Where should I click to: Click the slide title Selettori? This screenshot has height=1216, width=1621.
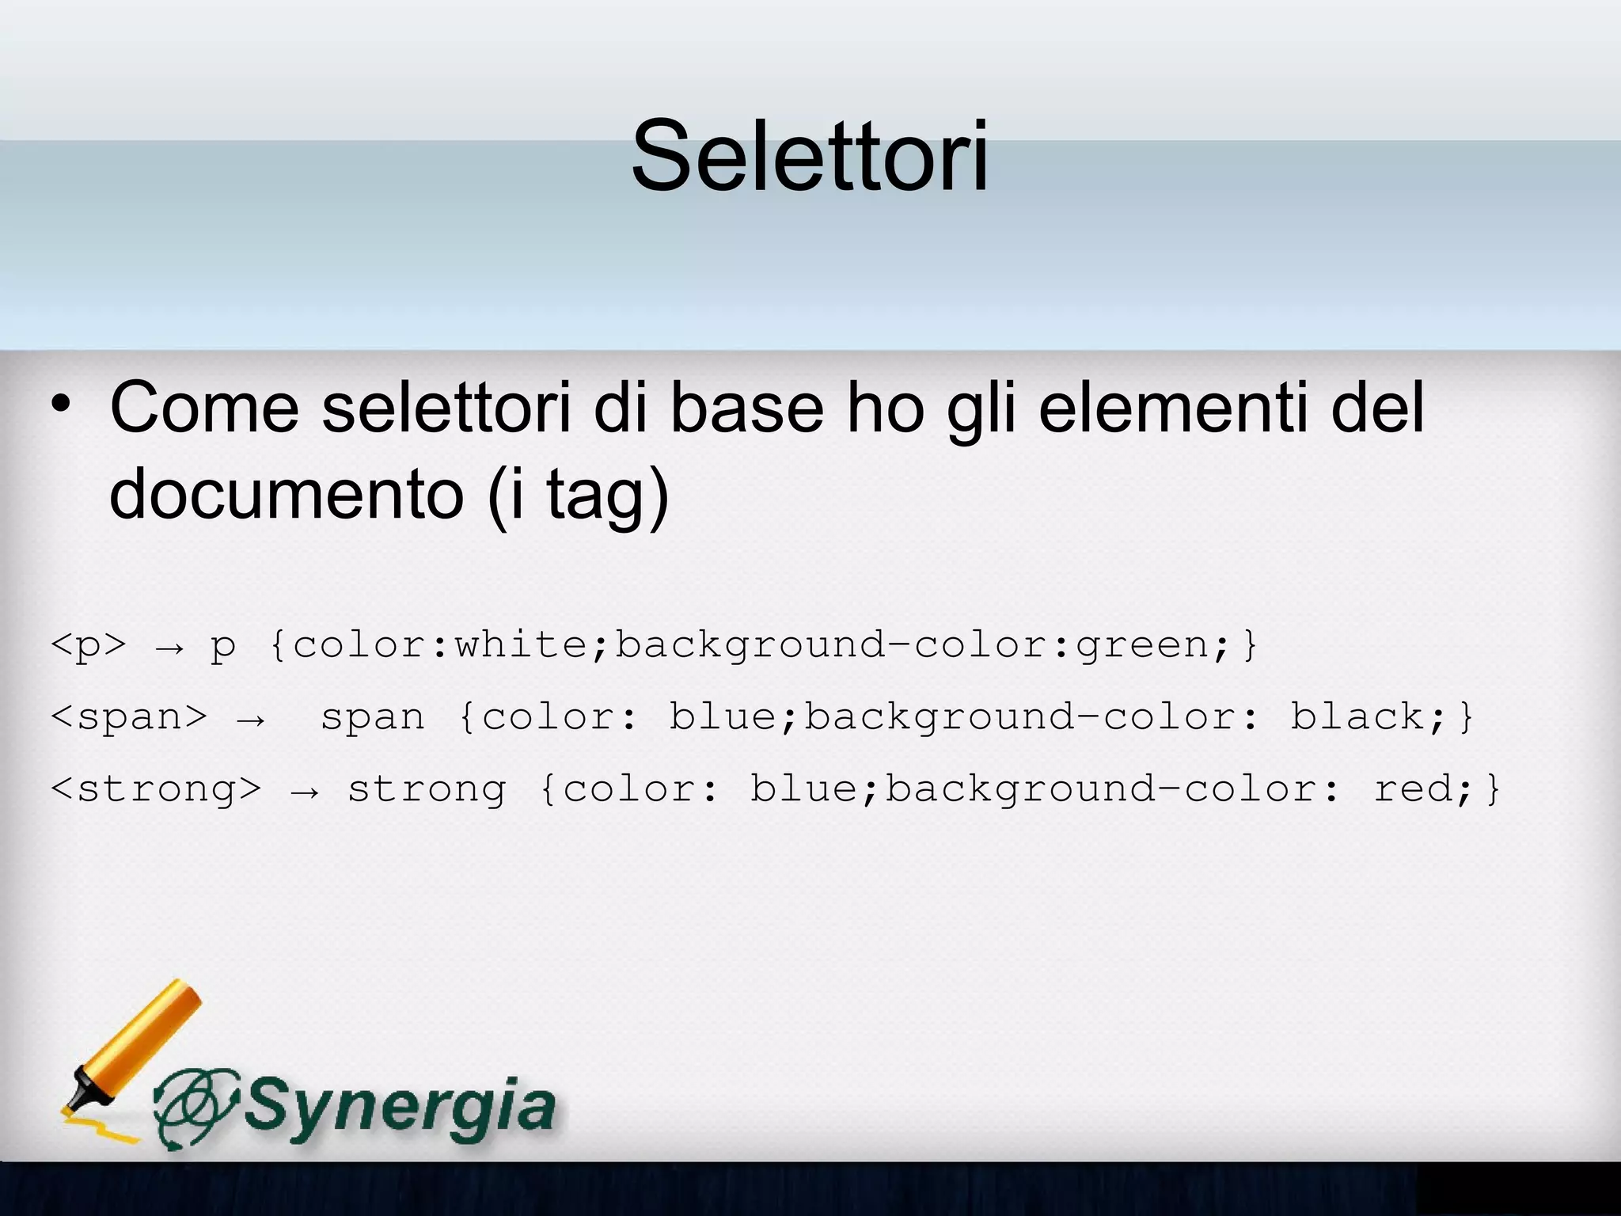click(810, 155)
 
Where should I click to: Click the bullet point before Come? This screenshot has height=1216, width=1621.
click(61, 405)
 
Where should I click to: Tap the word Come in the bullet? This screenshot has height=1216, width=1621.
click(204, 408)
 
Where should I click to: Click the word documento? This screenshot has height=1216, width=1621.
click(287, 494)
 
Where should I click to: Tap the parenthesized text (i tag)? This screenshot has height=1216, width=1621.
click(579, 494)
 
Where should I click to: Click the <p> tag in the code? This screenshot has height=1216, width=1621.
click(88, 645)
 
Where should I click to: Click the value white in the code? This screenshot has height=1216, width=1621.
click(522, 644)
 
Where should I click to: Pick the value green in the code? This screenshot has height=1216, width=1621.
click(1142, 645)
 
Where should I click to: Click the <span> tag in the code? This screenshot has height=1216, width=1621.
click(128, 717)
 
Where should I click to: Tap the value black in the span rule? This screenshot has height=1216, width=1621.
click(1357, 716)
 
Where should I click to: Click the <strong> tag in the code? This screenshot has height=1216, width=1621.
click(155, 788)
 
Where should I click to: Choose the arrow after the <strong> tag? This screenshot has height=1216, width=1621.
click(305, 792)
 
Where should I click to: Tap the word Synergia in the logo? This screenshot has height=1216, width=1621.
click(400, 1106)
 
